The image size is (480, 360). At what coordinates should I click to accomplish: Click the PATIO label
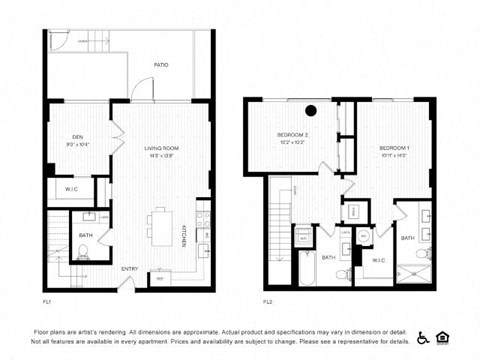pyautogui.click(x=160, y=65)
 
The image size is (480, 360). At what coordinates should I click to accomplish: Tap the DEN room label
pyautogui.click(x=77, y=137)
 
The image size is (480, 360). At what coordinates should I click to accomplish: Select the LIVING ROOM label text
pyautogui.click(x=161, y=148)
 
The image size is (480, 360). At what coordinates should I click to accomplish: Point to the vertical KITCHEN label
pyautogui.click(x=184, y=236)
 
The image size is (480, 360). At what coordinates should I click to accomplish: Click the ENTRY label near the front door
pyautogui.click(x=130, y=268)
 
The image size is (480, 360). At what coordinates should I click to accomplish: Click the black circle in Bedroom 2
pyautogui.click(x=311, y=110)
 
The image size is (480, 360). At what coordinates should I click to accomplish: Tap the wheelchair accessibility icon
pyautogui.click(x=423, y=338)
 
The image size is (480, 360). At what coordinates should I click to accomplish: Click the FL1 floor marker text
pyautogui.click(x=47, y=300)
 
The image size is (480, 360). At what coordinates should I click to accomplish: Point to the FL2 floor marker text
pyautogui.click(x=267, y=300)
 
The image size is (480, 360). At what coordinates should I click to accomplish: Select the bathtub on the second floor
pyautogui.click(x=305, y=268)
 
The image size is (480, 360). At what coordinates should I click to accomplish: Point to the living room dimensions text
pyautogui.click(x=161, y=155)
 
